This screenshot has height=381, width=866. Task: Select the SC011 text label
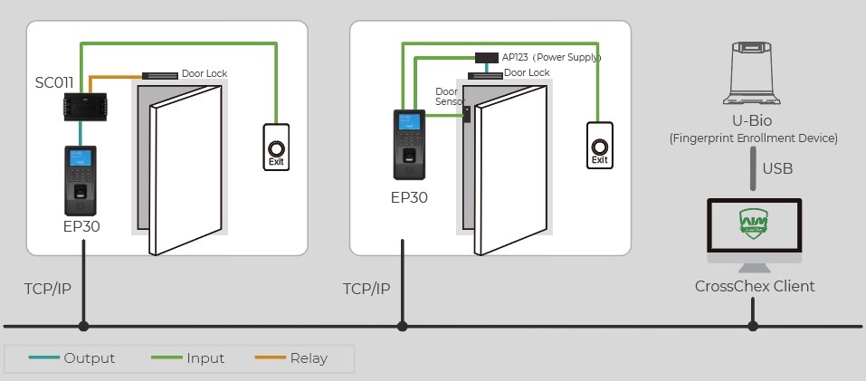(x=54, y=82)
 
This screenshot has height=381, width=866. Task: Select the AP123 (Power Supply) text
(x=552, y=57)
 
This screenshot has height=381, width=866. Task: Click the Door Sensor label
(x=447, y=97)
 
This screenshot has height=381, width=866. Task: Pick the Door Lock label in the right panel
(x=527, y=72)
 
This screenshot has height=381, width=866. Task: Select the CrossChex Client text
(x=755, y=286)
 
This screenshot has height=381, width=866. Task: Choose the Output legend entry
(x=89, y=358)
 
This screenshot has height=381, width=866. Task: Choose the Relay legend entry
(x=309, y=358)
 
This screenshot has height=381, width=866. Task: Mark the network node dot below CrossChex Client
(x=752, y=326)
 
